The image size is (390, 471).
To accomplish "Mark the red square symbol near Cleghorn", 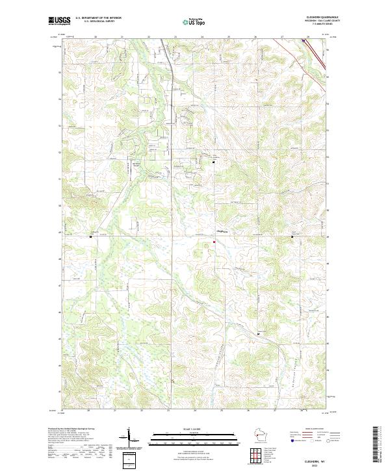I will coord(214,243).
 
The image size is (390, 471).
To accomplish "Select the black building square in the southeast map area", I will coord(259,333).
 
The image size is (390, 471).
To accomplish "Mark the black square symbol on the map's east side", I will coord(292,237).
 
